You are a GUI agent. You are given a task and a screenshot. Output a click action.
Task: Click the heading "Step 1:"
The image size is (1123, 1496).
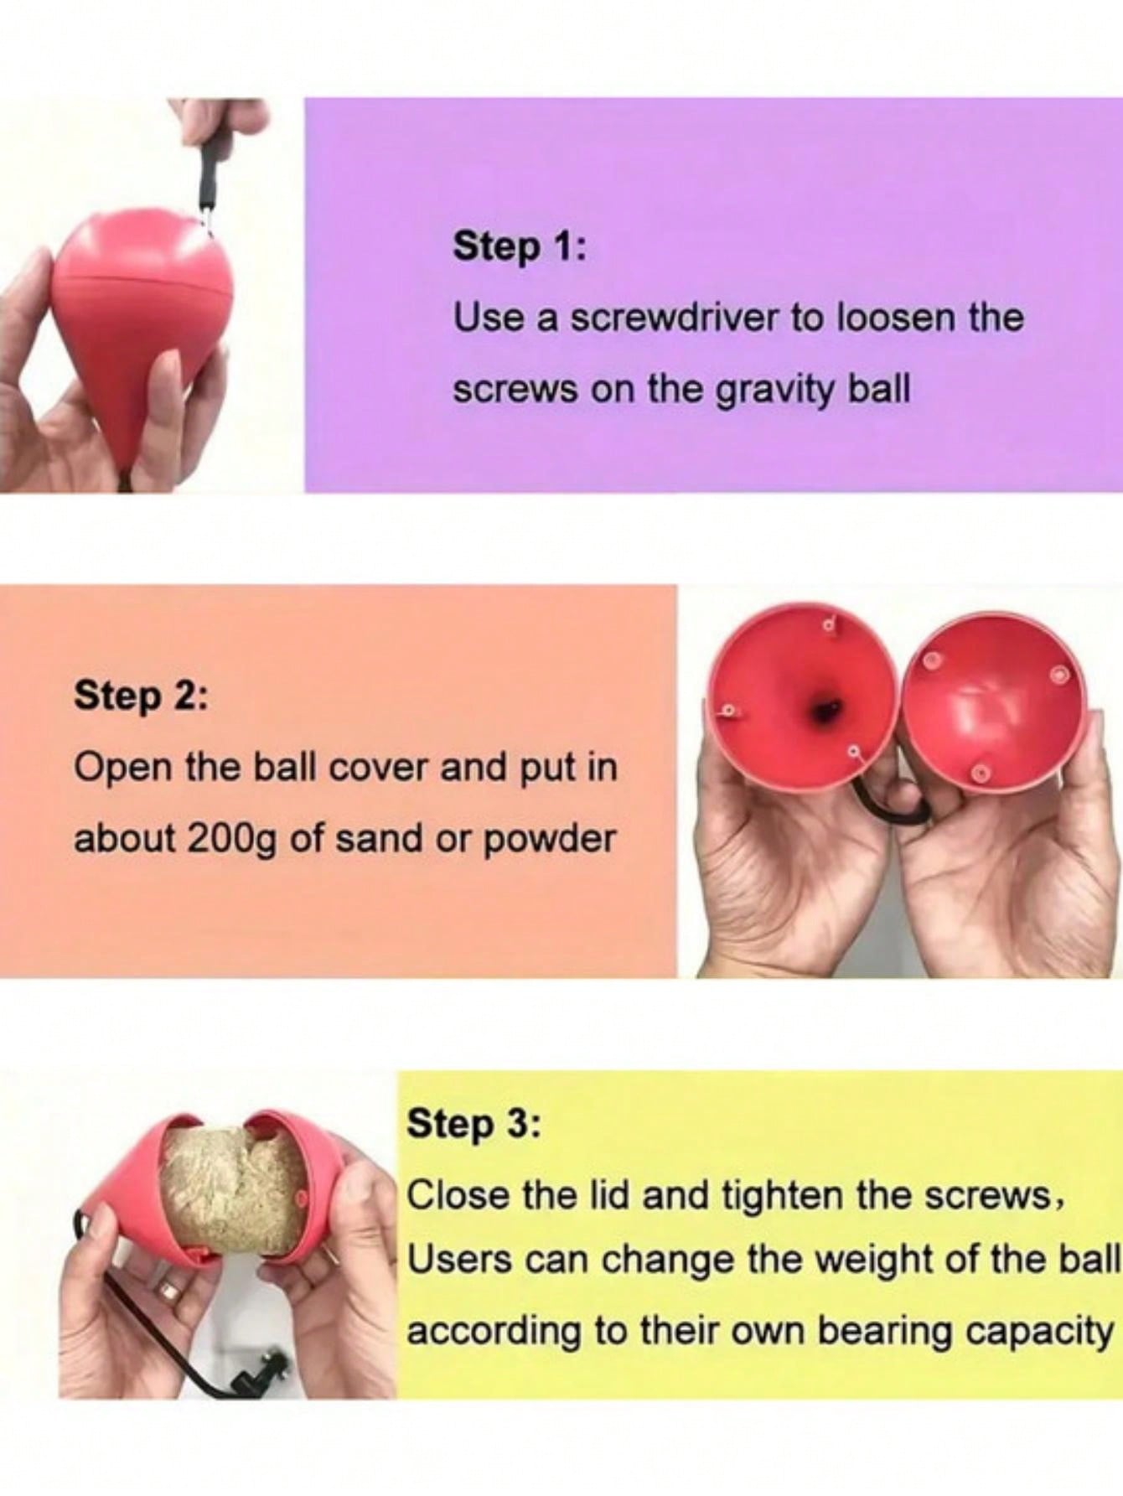click(520, 248)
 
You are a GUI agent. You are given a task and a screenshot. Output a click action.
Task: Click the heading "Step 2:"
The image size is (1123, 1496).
click(142, 696)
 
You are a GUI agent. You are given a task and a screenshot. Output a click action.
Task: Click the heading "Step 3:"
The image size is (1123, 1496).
click(474, 1125)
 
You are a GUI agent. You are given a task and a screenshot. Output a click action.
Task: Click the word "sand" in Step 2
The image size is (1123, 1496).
click(379, 838)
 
